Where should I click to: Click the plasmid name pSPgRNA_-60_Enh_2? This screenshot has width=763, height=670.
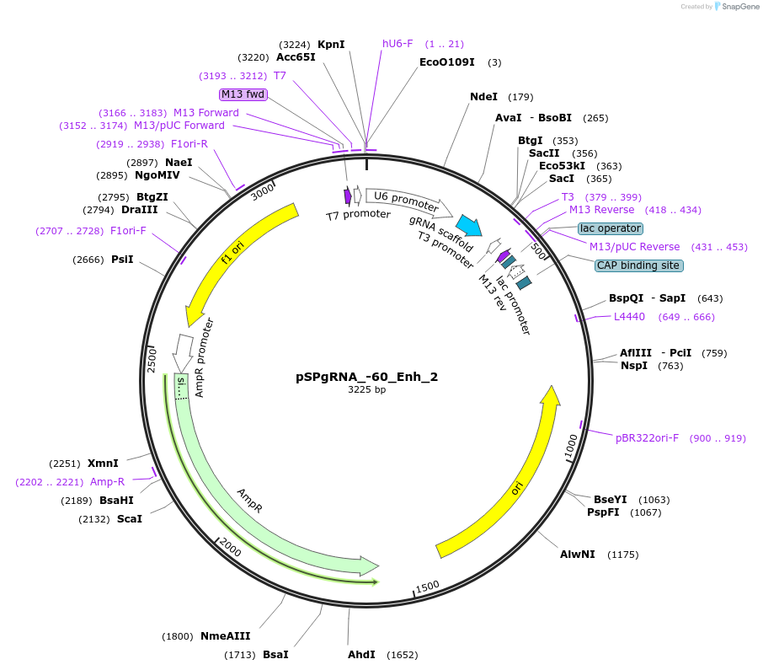(366, 377)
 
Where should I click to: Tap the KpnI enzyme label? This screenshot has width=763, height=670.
(331, 45)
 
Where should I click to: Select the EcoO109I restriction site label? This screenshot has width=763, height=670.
(447, 62)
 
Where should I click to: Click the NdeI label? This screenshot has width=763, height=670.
(483, 97)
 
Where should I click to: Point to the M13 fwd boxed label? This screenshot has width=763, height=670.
(243, 94)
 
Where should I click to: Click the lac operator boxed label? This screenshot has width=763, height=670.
(611, 228)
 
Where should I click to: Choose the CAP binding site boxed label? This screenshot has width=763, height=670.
(638, 265)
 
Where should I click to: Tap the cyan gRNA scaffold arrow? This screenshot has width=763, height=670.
(468, 225)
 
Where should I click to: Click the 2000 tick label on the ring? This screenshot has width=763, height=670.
(230, 548)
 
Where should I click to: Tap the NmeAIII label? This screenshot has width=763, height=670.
(225, 636)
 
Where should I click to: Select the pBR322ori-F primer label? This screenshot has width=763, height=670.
(647, 438)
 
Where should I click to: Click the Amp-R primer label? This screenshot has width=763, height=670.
(107, 482)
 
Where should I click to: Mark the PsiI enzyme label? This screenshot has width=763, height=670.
(122, 260)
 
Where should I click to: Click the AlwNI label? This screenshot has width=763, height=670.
(578, 555)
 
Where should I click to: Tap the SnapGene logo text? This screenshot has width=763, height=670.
(738, 7)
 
